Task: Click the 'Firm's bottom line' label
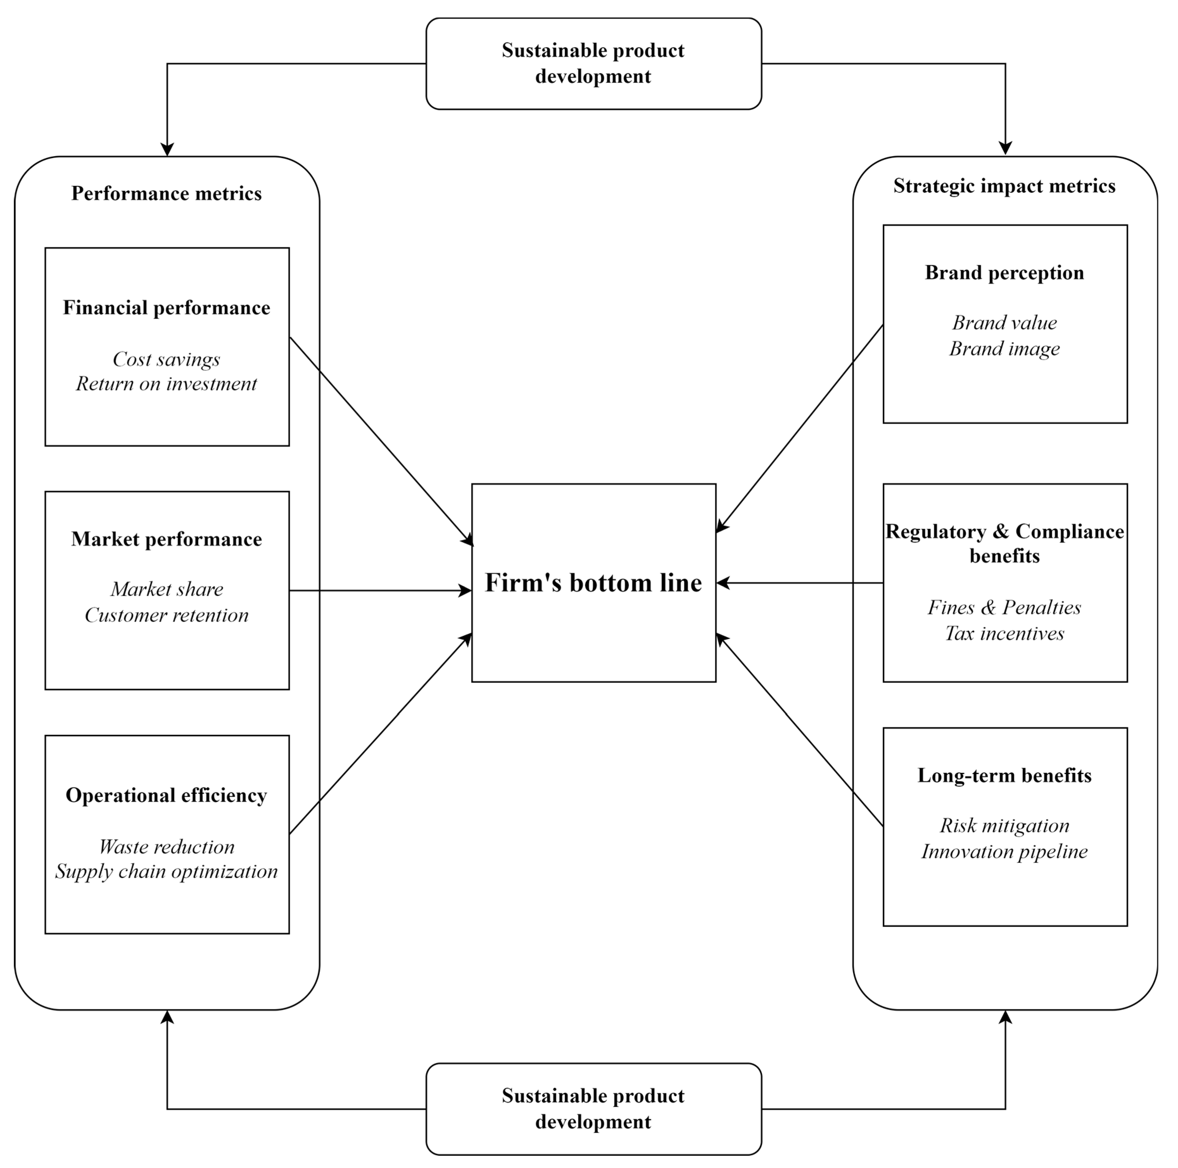pos(593,583)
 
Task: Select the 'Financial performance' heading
pos(167,308)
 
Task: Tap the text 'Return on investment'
pos(167,384)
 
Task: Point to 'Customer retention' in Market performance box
pos(167,615)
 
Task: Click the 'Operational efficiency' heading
pos(167,796)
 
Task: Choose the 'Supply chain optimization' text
pos(167,872)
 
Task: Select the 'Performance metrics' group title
pos(167,193)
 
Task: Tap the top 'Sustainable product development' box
pos(593,63)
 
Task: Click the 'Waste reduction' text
pos(167,847)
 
